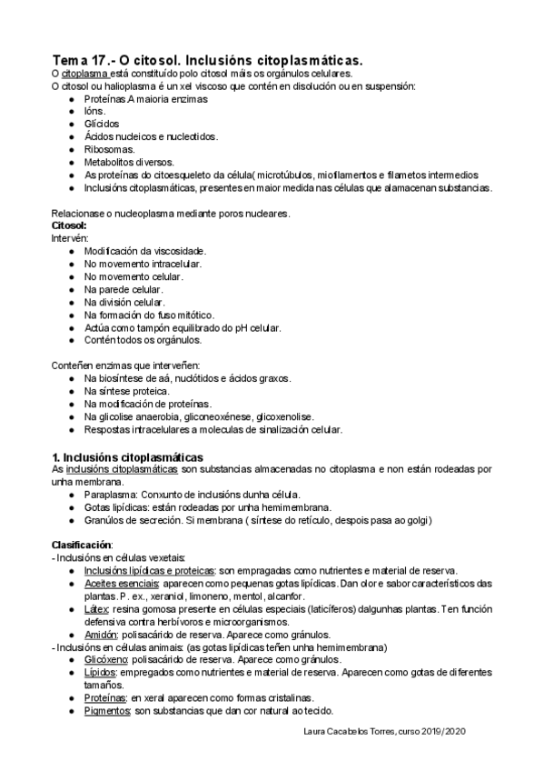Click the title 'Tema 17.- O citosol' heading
207,59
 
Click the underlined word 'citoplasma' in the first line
85,73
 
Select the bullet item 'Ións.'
94,111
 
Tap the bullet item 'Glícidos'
102,124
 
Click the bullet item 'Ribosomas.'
109,149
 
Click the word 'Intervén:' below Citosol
70,237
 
